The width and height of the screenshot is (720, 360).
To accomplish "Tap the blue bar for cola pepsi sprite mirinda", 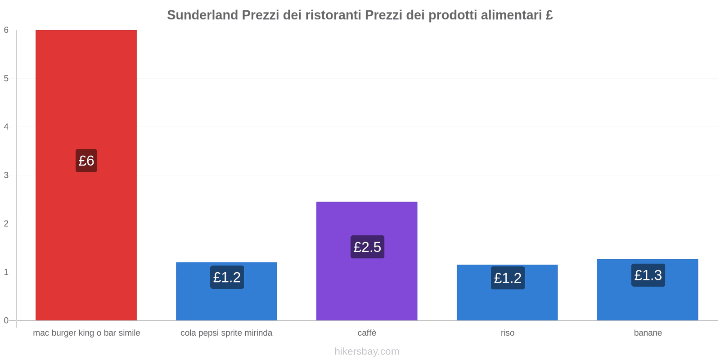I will (x=226, y=301).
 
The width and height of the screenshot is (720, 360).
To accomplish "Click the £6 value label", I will (x=86, y=161).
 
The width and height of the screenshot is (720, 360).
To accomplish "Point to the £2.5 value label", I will (x=367, y=247).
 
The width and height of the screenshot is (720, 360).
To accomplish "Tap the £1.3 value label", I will (x=648, y=275).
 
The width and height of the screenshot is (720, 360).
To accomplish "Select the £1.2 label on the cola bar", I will (x=227, y=277).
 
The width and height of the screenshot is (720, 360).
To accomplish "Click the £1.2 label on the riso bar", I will (x=508, y=278).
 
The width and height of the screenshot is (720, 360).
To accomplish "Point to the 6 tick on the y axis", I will (x=6, y=30).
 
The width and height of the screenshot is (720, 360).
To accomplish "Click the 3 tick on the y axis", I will (x=6, y=175).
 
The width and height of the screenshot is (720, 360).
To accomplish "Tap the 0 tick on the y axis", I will (x=6, y=320).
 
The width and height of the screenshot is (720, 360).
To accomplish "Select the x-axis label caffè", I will (x=367, y=333).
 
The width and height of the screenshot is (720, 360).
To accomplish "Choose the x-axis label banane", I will (x=648, y=333).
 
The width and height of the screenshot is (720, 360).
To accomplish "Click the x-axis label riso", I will (x=507, y=333).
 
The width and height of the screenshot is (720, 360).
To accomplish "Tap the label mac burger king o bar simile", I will (x=86, y=333).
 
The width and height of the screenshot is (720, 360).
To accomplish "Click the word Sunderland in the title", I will (x=202, y=15).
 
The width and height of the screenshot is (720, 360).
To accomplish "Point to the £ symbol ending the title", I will (x=549, y=15).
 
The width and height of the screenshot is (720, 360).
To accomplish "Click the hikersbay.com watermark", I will (x=367, y=351).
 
